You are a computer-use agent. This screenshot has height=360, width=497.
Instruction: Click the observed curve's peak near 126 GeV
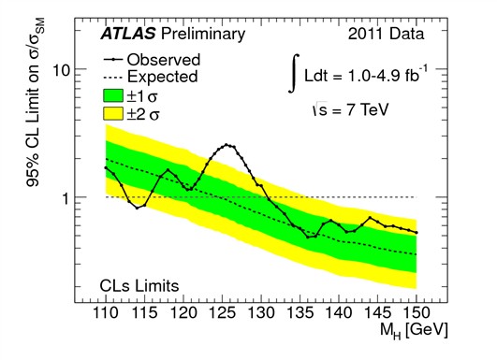pyautogui.click(x=227, y=145)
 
